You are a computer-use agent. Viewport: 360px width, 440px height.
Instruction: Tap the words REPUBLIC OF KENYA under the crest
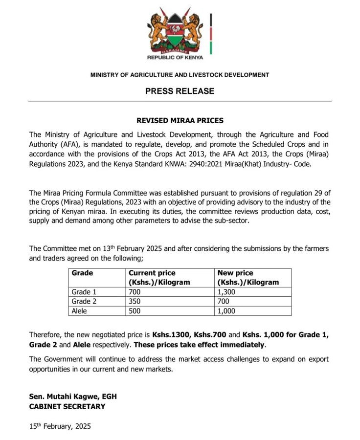[175, 57]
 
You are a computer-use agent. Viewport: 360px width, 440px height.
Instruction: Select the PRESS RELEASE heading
[180, 91]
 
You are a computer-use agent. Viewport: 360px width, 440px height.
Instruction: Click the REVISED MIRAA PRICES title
[180, 121]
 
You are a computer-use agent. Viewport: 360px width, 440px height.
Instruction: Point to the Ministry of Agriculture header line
[180, 75]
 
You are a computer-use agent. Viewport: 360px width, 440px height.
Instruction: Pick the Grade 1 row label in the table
[84, 292]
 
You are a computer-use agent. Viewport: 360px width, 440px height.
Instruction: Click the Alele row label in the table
[80, 310]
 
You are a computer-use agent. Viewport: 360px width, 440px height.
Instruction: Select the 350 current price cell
[135, 301]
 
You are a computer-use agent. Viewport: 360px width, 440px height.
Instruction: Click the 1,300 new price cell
[226, 292]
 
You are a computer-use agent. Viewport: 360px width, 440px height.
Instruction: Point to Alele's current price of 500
[135, 310]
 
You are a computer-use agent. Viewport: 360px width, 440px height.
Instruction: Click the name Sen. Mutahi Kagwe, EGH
[73, 396]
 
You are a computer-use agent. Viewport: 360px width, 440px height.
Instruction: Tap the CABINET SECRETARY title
[67, 406]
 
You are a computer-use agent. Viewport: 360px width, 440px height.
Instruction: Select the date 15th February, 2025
[60, 426]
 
